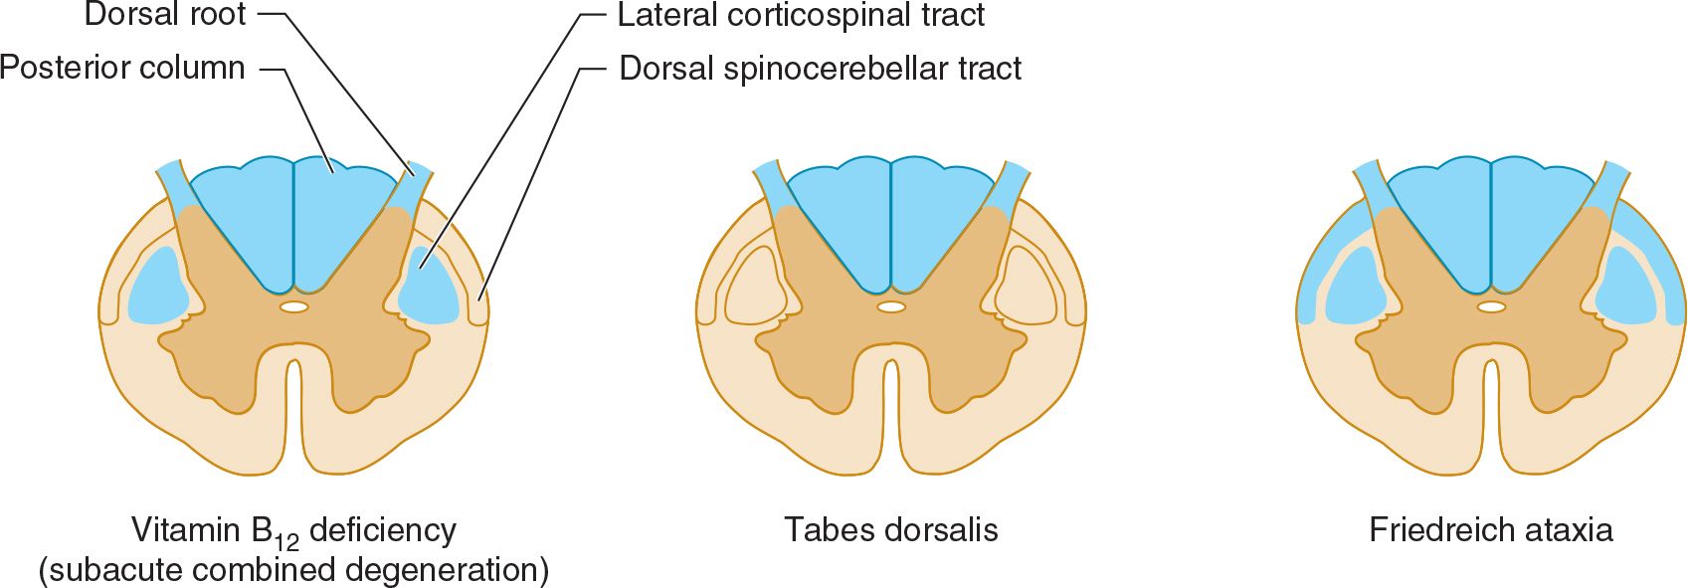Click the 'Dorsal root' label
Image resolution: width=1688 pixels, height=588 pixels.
click(165, 15)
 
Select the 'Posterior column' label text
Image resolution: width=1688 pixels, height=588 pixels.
click(123, 68)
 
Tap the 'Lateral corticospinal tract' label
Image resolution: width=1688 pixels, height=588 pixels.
click(801, 15)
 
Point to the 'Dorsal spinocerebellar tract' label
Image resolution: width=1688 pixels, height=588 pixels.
click(820, 68)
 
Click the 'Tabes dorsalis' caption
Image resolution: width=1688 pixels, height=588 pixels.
click(890, 529)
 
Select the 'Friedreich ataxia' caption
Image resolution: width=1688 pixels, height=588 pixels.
click(1490, 529)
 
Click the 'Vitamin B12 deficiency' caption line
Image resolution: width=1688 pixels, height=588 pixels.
click(293, 531)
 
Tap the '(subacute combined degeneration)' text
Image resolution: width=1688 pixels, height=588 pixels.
click(293, 570)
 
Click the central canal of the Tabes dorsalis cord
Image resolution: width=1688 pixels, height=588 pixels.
click(891, 307)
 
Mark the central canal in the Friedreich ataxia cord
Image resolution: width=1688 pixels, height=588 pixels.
click(1491, 307)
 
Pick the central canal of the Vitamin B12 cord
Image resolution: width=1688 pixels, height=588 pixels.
click(293, 307)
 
